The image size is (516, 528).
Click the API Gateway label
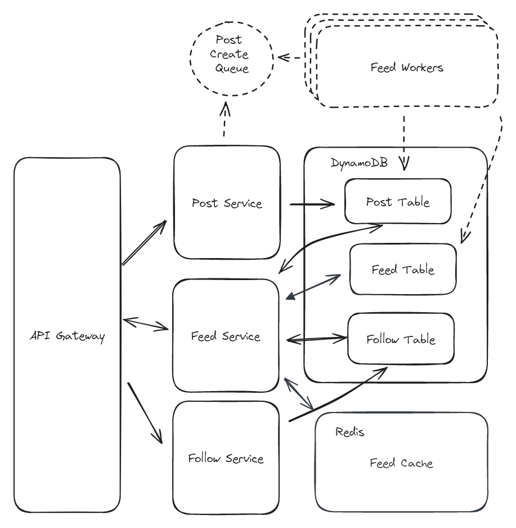coord(67,337)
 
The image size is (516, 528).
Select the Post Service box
coord(227,203)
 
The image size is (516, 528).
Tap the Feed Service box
coord(226,336)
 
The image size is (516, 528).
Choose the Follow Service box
coord(226,458)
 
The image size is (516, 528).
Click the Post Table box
coord(398,202)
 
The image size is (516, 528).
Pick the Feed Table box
coord(403,269)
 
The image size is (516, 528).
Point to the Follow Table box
coord(401,340)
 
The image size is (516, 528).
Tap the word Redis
coord(349,432)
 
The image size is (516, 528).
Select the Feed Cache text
coord(401,463)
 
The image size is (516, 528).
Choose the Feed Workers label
coord(407,68)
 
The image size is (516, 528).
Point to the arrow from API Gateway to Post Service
coord(145,243)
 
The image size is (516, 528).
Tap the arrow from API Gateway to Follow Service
coord(146,413)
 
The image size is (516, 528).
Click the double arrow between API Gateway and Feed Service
coord(146,323)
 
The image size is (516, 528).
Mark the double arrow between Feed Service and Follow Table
coord(316,340)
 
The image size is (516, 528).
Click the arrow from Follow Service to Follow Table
coord(338,397)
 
